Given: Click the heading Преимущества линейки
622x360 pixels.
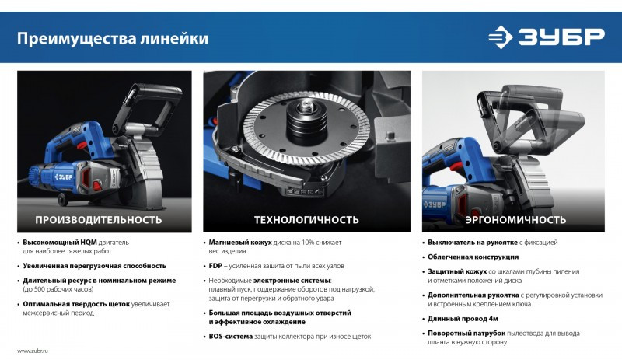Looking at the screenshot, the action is tap(112, 39).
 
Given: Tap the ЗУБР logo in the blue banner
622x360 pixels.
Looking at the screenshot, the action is tap(547, 37).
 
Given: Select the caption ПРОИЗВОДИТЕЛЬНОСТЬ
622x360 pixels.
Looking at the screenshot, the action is tap(99, 220).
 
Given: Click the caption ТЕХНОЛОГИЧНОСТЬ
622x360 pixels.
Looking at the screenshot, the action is tap(306, 220).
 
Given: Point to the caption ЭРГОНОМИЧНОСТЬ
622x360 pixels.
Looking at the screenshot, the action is tap(515, 220).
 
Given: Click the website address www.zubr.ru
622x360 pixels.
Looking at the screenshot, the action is tap(33, 351).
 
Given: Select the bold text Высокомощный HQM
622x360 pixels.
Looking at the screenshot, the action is tap(60, 242).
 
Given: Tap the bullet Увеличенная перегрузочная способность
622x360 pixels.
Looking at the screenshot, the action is tap(94, 266).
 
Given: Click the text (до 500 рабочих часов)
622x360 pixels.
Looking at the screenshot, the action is tap(58, 289).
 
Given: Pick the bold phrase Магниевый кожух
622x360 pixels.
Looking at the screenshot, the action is tap(240, 242).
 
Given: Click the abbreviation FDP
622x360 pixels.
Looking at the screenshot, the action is tap(215, 266).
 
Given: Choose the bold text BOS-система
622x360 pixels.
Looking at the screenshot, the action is tap(230, 337).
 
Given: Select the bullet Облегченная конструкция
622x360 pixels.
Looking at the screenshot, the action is tap(473, 257).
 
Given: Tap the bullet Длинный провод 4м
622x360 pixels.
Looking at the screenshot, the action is tap(463, 319).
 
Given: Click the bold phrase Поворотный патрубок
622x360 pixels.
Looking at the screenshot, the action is tap(466, 334).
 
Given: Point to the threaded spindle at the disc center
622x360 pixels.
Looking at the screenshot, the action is tap(306, 107).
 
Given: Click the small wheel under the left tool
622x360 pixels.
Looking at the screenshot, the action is tap(63, 200).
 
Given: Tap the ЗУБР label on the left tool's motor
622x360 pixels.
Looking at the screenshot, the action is tap(64, 177).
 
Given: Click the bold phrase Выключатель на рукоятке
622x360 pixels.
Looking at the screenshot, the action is tap(473, 242).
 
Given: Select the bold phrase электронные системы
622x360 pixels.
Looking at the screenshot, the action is tap(292, 281).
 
